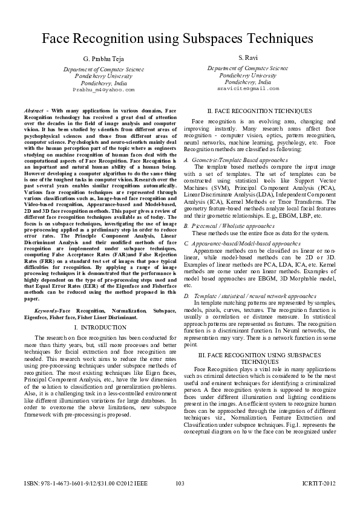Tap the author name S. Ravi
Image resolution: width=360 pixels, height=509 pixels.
pyautogui.click(x=248, y=57)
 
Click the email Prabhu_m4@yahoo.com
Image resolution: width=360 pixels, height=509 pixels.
pyautogui.click(x=103, y=89)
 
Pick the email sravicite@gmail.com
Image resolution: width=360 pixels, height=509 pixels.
pyautogui.click(x=248, y=88)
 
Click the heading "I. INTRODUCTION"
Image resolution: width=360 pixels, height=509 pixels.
pyautogui.click(x=103, y=327)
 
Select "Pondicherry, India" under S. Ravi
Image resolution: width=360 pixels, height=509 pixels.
pyautogui.click(x=247, y=82)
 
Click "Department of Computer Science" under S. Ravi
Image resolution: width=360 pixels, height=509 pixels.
pyautogui.click(x=247, y=69)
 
